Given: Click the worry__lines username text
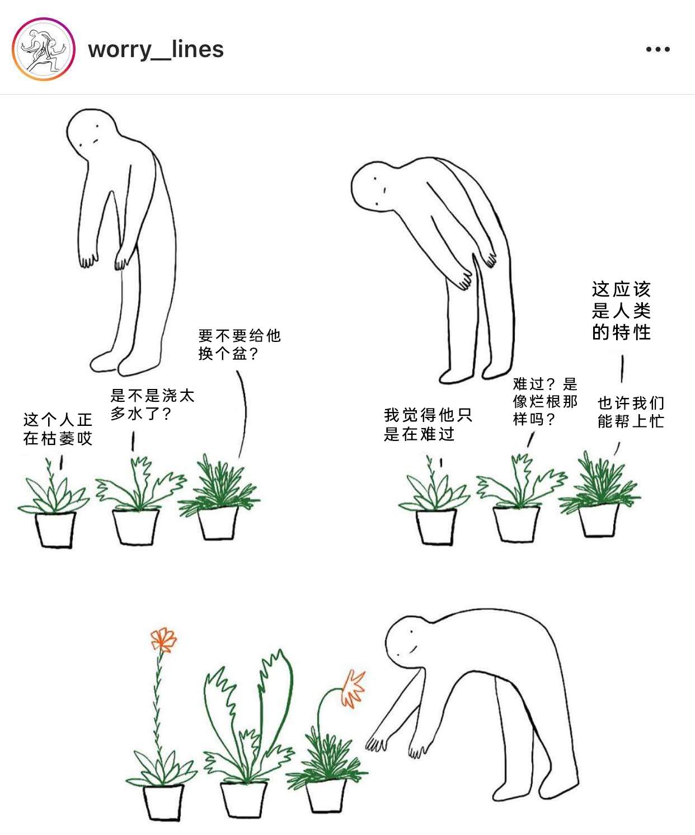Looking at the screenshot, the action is (156, 50).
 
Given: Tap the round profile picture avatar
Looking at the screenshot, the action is (44, 49).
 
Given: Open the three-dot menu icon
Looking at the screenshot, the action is (658, 49).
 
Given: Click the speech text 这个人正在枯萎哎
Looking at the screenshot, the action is (58, 429).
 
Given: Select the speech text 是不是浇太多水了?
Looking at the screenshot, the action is (152, 404).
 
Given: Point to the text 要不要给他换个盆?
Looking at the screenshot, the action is (240, 344).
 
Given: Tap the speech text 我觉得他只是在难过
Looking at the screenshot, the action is (428, 424).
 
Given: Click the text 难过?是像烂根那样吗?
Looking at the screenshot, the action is (546, 401).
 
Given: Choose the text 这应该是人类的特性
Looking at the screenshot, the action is (622, 311).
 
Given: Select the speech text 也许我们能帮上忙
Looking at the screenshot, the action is (631, 412).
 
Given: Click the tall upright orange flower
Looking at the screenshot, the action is (163, 640).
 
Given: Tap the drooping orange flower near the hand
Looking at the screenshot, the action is (353, 688).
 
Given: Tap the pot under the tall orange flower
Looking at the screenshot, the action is (163, 802).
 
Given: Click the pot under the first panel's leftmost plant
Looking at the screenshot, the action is (55, 529).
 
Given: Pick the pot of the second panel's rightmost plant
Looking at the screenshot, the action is (598, 519).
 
